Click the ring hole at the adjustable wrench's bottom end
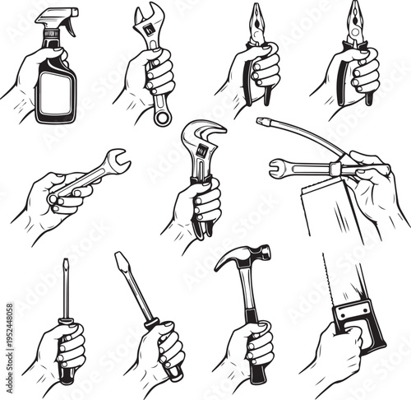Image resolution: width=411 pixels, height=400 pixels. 162,117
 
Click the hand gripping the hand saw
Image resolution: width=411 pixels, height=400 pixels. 333,354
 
